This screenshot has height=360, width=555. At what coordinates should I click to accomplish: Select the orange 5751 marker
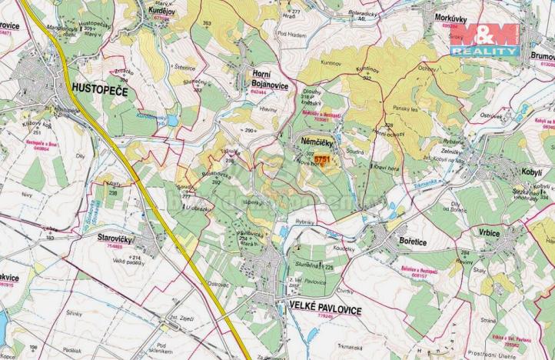coord(321,160)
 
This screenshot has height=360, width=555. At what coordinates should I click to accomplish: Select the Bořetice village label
coord(398,240)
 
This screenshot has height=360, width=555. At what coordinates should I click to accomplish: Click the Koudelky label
coord(347,249)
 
